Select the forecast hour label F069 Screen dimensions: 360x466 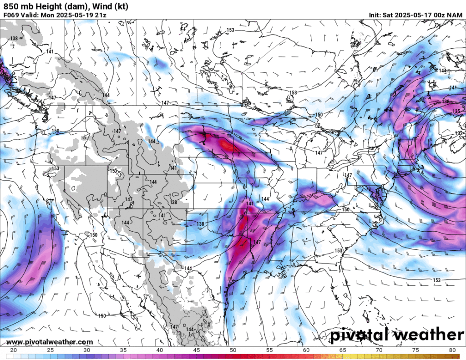click(x=11, y=15)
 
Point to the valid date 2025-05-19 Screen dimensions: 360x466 click(x=79, y=15)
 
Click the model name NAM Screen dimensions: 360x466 click(x=455, y=15)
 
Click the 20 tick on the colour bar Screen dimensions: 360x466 click(x=13, y=350)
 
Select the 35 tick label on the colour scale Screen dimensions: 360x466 click(x=123, y=350)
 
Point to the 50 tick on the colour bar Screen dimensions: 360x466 click(x=233, y=350)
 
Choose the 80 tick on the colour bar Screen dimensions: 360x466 click(x=453, y=350)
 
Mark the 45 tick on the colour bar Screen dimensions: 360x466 click(x=196, y=350)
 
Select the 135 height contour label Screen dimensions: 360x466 click(x=456, y=112)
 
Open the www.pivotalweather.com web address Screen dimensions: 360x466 click(x=50, y=342)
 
